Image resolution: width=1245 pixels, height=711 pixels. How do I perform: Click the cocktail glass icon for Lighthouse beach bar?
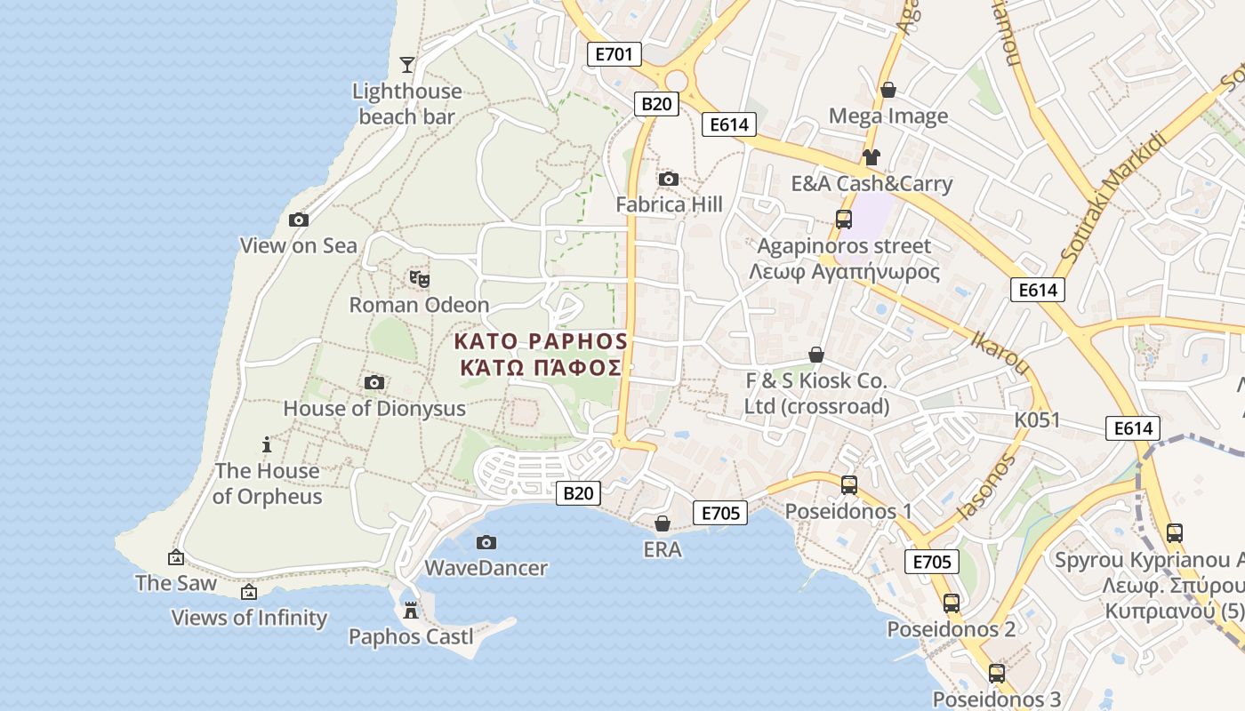tap(407, 64)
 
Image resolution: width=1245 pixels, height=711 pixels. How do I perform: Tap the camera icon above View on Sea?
tap(299, 220)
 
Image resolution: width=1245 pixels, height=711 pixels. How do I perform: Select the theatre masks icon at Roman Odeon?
tap(420, 279)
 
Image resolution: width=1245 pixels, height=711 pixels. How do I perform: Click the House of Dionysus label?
tap(374, 409)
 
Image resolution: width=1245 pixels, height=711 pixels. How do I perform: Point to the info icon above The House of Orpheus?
tap(266, 444)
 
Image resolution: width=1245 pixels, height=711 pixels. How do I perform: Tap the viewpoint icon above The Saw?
tap(176, 558)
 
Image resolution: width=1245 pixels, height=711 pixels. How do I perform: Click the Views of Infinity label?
tap(249, 618)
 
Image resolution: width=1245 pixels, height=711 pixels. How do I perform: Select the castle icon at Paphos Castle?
tap(410, 611)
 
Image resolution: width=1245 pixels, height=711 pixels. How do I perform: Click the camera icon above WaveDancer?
tap(486, 542)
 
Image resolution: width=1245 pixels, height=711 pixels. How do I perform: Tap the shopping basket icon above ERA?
tap(662, 523)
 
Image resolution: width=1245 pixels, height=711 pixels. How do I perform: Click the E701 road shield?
tap(614, 54)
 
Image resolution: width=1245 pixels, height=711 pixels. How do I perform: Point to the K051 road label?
tap(1037, 419)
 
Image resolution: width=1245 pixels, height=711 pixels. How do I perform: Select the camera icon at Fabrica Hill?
tap(669, 180)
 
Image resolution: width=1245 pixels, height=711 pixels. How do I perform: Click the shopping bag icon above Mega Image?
tap(888, 90)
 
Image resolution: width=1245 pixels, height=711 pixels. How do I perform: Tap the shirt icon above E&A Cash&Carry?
tap(871, 157)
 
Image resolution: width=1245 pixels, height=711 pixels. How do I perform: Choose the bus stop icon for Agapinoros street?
tap(843, 220)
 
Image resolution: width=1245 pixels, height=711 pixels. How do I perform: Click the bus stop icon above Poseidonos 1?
tap(849, 485)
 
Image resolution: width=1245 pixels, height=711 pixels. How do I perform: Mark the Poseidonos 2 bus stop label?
tap(952, 629)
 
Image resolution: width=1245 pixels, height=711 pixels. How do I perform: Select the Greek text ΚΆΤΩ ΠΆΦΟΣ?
tap(540, 368)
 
